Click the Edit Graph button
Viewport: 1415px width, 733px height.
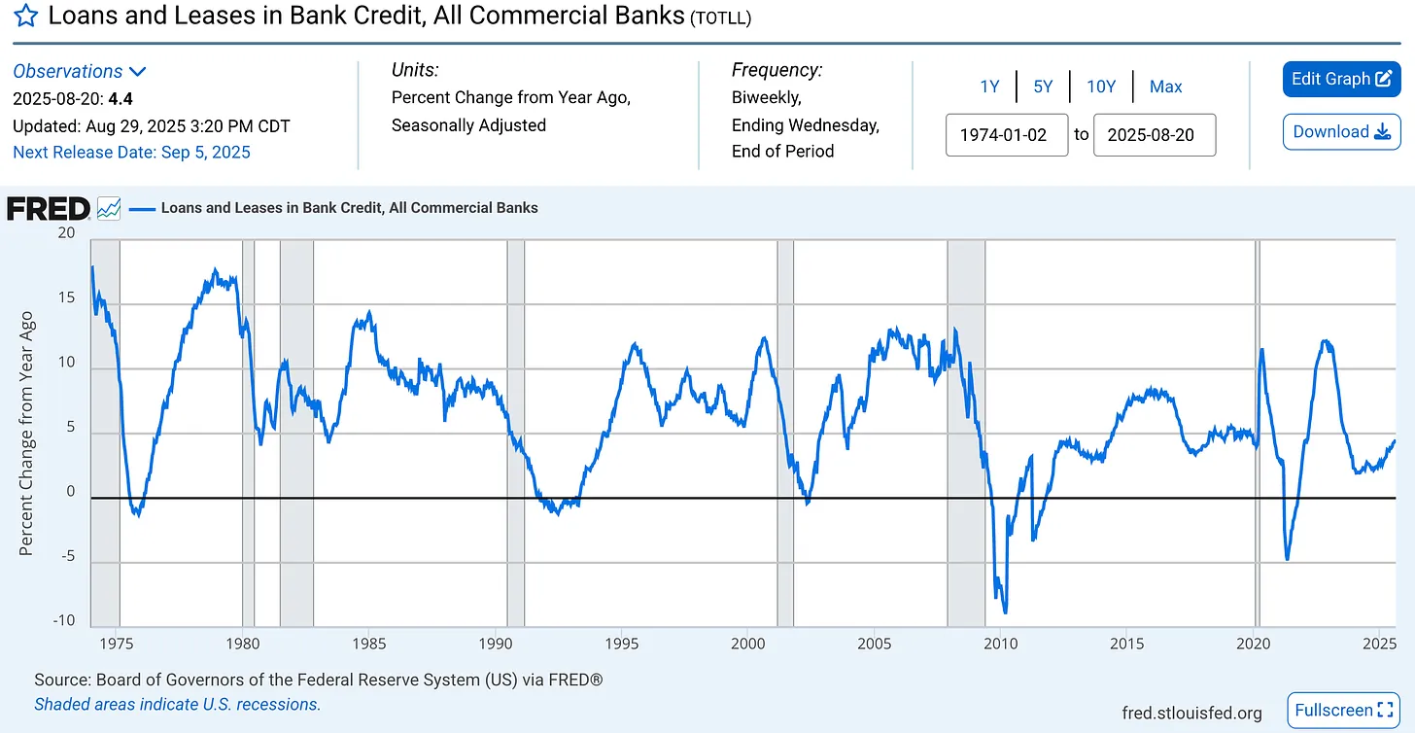pos(1341,79)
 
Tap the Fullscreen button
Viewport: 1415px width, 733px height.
pos(1343,711)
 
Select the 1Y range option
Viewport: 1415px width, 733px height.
pos(989,87)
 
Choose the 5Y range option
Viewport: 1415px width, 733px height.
pos(1043,87)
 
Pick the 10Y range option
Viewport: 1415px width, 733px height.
pos(1101,87)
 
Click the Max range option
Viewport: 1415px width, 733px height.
pos(1165,87)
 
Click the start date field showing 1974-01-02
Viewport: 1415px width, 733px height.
pos(1006,135)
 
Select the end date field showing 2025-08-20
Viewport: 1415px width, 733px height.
pos(1154,135)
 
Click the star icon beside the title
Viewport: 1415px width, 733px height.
pos(26,17)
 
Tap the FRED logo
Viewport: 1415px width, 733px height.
pos(49,208)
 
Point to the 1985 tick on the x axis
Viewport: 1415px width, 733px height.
pos(368,644)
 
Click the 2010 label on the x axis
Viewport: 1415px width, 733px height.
pos(1000,644)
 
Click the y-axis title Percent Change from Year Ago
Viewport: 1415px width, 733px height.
pos(26,434)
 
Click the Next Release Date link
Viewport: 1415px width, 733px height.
pos(131,152)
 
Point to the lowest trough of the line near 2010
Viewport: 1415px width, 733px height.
pos(1004,611)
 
